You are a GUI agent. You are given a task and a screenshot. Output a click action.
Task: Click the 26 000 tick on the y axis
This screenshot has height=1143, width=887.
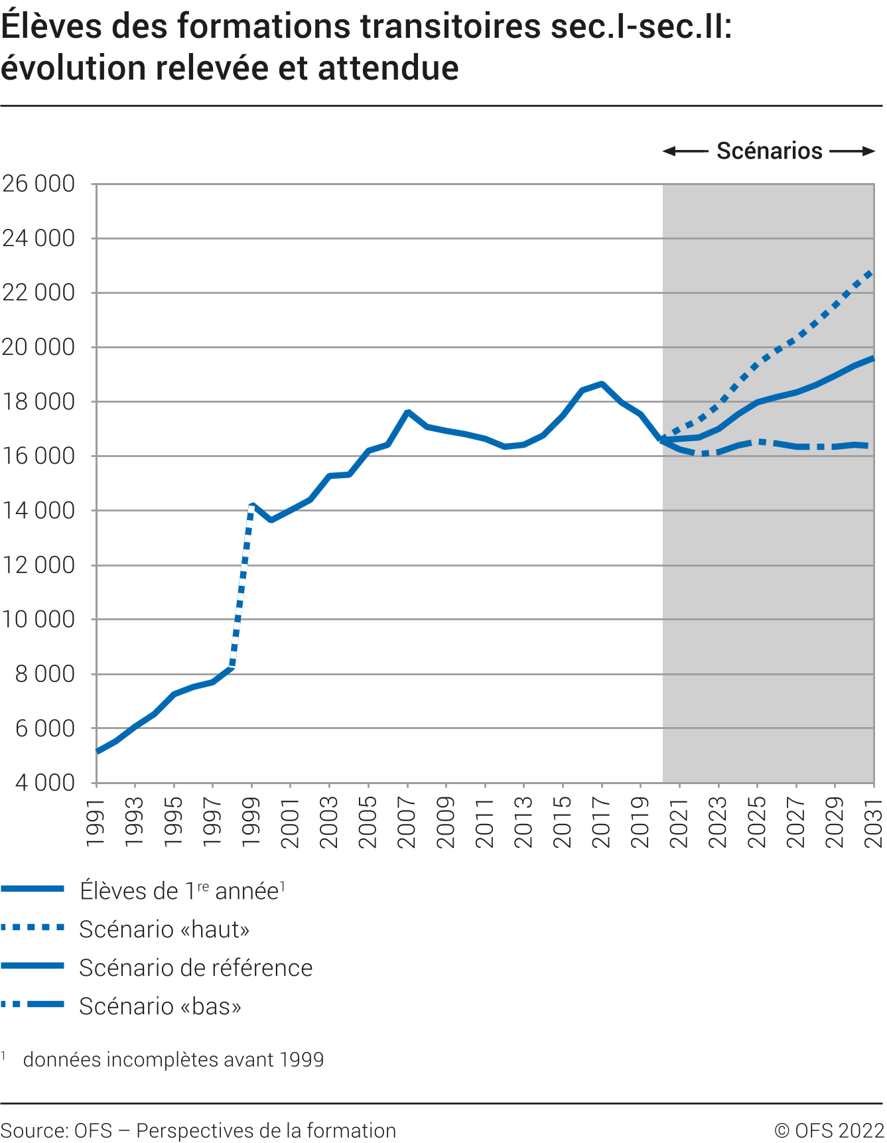coord(38,184)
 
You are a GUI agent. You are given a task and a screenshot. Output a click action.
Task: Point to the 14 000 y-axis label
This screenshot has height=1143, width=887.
coord(38,511)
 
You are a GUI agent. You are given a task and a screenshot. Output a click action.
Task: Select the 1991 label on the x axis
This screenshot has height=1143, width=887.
coord(97,823)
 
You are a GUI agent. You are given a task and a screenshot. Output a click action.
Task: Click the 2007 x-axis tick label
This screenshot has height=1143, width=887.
coord(407,823)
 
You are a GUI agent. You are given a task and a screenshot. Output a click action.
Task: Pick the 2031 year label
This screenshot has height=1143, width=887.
coord(874,823)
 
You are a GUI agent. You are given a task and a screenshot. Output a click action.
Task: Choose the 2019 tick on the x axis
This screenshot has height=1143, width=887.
coord(641,823)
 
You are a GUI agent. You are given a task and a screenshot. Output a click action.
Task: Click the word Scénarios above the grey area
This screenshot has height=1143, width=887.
coord(769,151)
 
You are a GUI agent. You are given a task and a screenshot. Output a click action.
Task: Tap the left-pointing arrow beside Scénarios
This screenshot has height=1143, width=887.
coord(685,151)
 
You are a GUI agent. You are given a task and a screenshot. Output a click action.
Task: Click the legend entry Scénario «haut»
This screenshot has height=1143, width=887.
coord(164,929)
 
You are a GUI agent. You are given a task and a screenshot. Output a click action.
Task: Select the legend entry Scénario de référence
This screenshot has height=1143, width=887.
coord(196,968)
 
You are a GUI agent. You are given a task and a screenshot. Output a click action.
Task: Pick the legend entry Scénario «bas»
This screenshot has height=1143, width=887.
coord(160,1006)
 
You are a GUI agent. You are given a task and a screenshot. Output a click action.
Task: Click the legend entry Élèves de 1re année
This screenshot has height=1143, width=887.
coord(182,891)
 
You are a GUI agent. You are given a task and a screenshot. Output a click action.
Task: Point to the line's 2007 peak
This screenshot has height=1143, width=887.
coord(407,412)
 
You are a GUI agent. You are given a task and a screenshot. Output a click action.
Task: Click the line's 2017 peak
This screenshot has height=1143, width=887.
coord(602,383)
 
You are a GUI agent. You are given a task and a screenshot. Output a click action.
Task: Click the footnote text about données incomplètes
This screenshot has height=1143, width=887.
coord(173,1059)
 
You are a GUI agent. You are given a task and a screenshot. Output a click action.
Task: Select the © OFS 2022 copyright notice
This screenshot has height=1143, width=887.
coord(829,1130)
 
